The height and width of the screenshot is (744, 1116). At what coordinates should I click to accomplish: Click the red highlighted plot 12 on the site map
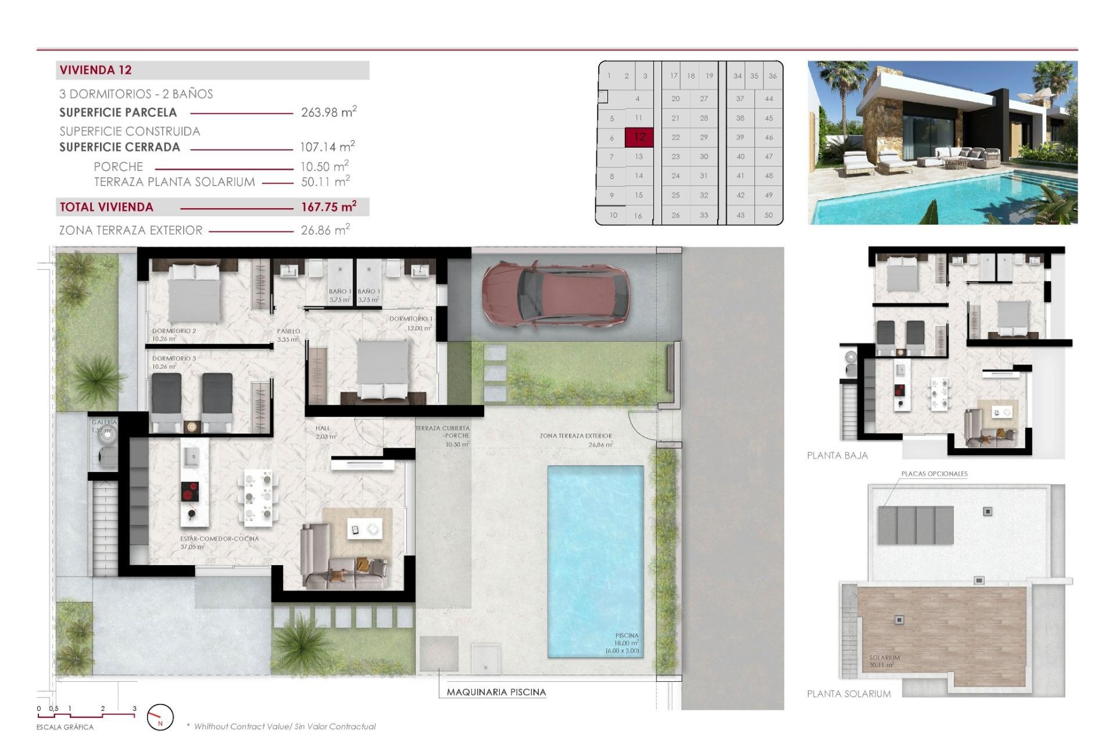tap(639, 137)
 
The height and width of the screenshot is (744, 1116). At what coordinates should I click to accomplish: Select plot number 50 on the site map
tap(768, 215)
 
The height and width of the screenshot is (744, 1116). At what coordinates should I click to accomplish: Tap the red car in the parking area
tap(556, 294)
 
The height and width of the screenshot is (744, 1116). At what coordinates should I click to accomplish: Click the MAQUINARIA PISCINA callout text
tap(496, 692)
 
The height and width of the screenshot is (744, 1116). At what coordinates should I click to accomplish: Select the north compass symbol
tap(160, 717)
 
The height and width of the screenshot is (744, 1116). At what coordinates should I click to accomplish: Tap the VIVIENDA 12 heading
tap(96, 70)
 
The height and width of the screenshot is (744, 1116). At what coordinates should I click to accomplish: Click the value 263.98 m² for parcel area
tap(328, 112)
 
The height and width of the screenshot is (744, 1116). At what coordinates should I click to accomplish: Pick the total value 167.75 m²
tap(328, 207)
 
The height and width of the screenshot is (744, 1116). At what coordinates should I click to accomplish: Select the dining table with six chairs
tap(258, 497)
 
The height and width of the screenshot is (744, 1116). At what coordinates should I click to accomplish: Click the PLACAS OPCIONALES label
tap(934, 474)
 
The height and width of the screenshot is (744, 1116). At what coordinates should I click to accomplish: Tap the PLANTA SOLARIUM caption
tap(849, 693)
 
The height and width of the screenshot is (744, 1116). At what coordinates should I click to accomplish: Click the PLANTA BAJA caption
tap(837, 456)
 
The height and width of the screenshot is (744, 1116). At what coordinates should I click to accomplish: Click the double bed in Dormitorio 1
tap(382, 369)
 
